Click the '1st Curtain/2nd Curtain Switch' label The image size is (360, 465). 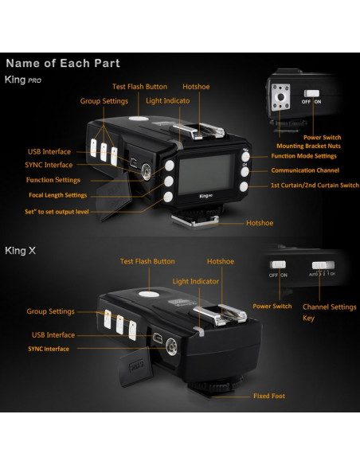[x=314, y=186]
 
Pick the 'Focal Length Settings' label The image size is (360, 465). [x=54, y=195]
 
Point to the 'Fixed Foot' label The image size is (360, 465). [x=268, y=396]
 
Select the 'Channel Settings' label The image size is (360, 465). [x=330, y=306]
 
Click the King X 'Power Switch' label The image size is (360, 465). [x=272, y=306]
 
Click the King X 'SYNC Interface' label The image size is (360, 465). [x=49, y=349]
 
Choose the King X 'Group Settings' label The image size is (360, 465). [x=50, y=311]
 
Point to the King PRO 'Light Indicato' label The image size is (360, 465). [x=167, y=102]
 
